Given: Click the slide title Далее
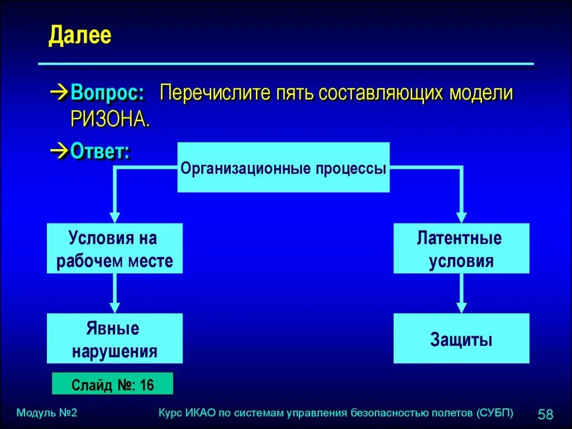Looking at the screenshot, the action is pos(80,36).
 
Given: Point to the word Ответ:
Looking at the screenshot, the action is pos(101,151).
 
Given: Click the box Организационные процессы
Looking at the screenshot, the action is pos(283,168).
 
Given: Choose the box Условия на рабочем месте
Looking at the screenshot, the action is pos(115,249).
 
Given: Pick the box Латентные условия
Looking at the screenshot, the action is pos(461,249).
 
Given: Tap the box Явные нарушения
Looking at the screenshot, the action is pos(115,339).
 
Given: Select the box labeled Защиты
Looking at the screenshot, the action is pos(461,339).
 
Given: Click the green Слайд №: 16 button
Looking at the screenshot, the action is pos(112,384).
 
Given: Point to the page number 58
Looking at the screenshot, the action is pos(545,414).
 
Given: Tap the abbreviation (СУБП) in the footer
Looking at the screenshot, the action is pos(495,413).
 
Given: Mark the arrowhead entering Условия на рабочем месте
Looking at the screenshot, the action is pos(115,217).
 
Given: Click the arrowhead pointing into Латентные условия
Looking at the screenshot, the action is pos(461,217).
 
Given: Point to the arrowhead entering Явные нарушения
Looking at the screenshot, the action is pos(115,308).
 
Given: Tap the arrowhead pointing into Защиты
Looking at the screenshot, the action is pos(461,308).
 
